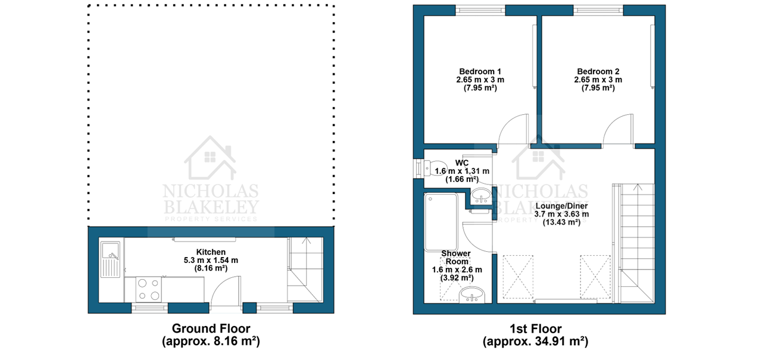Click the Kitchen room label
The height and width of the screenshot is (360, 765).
pos(211,252)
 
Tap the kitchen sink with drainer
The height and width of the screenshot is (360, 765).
pos(110,259)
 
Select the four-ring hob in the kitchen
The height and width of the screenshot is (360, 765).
pos(149,289)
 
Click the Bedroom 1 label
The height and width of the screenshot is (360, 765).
pos(480,71)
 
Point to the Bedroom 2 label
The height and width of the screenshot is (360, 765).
pos(598,71)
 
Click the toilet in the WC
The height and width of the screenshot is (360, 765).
pos(435,168)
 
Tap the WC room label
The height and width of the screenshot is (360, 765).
pos(462,163)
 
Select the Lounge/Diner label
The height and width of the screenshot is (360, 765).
pos(561,206)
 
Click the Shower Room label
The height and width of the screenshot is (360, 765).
pos(456,258)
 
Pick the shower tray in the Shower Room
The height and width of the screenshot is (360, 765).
pos(441,222)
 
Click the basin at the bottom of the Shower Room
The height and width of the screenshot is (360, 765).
pos(472,295)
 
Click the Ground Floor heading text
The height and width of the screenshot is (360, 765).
pos(211,328)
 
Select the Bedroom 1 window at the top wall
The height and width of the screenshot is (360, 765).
pos(480,10)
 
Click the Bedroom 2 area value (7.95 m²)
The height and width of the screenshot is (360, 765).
pos(598,88)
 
